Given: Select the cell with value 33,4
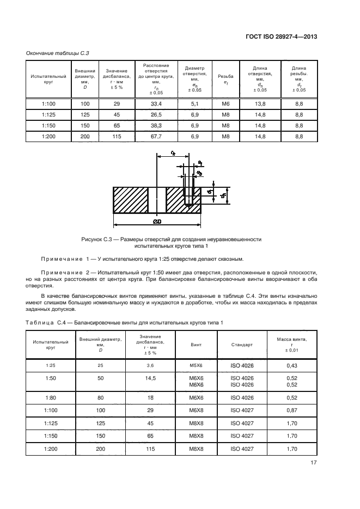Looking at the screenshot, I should pyautogui.click(x=156, y=103).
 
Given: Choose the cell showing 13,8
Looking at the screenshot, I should pyautogui.click(x=260, y=103).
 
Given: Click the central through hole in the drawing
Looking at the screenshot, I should pyautogui.click(x=157, y=200).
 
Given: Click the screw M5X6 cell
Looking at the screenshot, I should pyautogui.click(x=196, y=365).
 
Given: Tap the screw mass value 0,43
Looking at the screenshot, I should pyautogui.click(x=291, y=365).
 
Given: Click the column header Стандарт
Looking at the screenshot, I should pyautogui.click(x=242, y=345).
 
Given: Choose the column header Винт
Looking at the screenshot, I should pyautogui.click(x=196, y=345).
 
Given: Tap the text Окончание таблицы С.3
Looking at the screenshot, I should pyautogui.click(x=58, y=53).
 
